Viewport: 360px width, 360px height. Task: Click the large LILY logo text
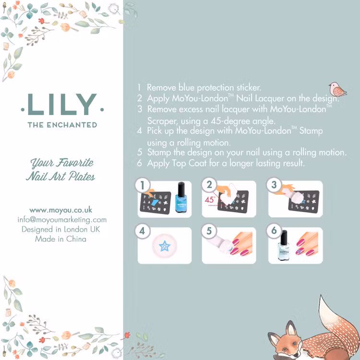pos(62,104)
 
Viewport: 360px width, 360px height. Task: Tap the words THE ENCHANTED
pos(62,125)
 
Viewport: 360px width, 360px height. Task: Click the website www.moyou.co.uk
pos(61,210)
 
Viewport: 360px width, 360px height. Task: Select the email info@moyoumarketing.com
pos(62,220)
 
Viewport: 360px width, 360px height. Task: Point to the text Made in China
pos(60,239)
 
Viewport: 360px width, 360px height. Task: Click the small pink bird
pos(337,90)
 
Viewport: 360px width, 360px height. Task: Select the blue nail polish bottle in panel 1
pos(181,197)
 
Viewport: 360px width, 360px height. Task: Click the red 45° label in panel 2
pos(210,200)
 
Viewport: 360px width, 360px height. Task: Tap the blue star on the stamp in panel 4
pos(165,246)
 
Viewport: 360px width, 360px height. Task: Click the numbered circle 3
pos(274,185)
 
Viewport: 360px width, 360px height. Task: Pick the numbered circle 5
pos(209,231)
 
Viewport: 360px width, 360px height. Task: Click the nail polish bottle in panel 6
pos(284,245)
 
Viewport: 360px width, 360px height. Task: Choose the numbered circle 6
pos(274,230)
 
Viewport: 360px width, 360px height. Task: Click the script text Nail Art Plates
pos(60,176)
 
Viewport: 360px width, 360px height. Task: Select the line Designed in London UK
pos(61,229)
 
